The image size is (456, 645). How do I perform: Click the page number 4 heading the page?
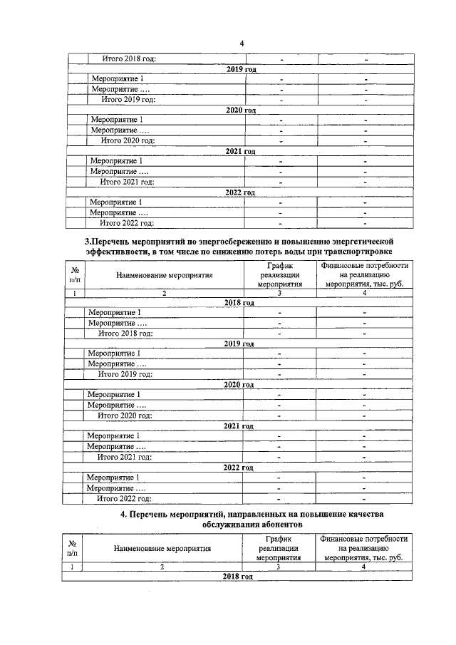(242, 43)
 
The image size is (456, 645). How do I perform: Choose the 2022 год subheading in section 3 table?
(238, 468)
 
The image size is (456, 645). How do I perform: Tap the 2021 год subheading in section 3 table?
(239, 426)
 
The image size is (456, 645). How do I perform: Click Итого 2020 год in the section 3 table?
(125, 416)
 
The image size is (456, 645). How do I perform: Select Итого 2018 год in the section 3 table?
(125, 333)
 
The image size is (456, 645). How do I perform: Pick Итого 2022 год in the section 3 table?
(125, 499)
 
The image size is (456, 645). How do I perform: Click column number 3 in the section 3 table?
(280, 292)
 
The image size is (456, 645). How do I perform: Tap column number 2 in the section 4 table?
(162, 567)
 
